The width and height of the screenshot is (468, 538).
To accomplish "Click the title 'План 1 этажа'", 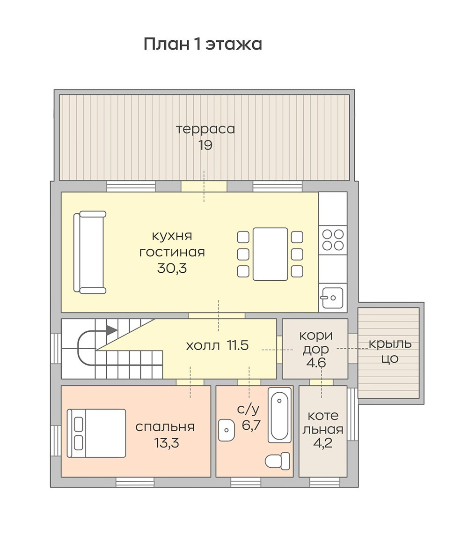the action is coord(203,44).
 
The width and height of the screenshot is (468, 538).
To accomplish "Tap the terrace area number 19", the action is coord(205,145).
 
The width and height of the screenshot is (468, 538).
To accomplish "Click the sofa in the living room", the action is coord(89,253).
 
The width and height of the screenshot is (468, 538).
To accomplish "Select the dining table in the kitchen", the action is coord(271,254).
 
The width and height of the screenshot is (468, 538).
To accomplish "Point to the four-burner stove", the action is coord(333,240).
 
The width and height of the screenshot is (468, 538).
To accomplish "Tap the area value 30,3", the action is coord(172,268).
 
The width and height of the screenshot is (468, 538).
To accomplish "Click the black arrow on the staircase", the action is coord(112,330).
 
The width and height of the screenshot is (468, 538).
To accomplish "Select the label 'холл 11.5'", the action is coord(217,345).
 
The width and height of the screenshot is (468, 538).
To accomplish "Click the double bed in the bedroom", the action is coord(96,433).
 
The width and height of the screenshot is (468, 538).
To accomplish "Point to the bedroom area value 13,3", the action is coord(167,442).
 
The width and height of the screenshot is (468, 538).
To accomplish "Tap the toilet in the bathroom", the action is coord(278,461).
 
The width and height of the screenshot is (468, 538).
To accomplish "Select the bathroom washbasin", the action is coord(227,430).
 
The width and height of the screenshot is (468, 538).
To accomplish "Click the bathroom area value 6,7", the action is coord(251,425).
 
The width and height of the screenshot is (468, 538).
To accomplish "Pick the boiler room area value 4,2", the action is coord(323,443).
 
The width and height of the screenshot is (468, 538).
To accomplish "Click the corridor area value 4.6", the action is coord(316,362).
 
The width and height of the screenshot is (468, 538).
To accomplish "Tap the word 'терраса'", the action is coord(205,129).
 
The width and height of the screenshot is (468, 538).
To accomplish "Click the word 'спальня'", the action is coord(165,427).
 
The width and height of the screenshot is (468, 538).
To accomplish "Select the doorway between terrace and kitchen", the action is coord(204,187).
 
